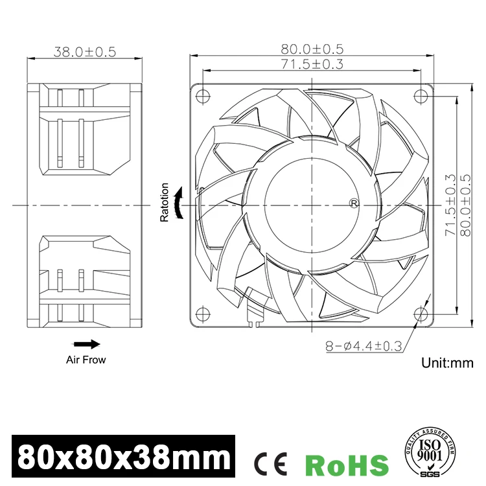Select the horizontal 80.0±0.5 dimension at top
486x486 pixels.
(x=312, y=49)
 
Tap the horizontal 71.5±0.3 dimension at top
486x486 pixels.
(x=312, y=64)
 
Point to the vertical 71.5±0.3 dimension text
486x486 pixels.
(x=450, y=205)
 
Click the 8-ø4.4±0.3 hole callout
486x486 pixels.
(x=364, y=347)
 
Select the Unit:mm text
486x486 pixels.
(x=448, y=363)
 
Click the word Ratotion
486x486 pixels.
(x=165, y=203)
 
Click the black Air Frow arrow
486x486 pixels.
(x=86, y=344)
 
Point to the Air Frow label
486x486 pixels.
(x=86, y=359)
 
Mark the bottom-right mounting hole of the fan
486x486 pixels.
(x=422, y=314)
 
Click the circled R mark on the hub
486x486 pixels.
(x=354, y=203)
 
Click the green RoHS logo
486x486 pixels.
(x=347, y=464)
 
